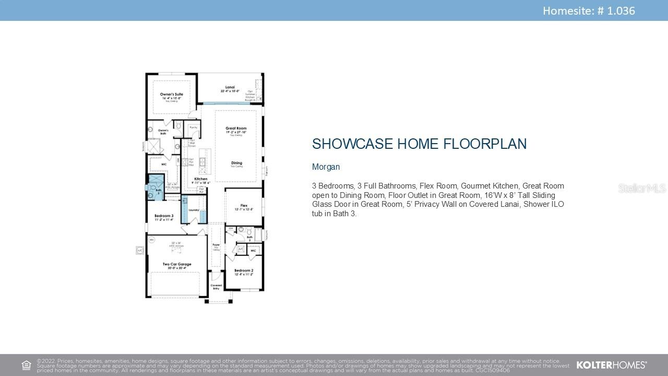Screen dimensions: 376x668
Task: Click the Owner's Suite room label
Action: (x=171, y=95)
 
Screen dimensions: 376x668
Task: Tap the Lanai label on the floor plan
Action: (x=230, y=87)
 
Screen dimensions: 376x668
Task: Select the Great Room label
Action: (x=236, y=128)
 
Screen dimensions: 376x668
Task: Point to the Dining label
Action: (x=236, y=163)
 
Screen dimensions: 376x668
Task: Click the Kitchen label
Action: (x=201, y=179)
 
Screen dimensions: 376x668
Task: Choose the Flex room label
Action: (x=244, y=205)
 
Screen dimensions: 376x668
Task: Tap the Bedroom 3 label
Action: (x=164, y=216)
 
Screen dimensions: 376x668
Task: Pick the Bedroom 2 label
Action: (x=244, y=271)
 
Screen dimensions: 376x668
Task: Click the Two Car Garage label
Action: (x=177, y=264)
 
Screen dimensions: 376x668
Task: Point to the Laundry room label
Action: (x=194, y=210)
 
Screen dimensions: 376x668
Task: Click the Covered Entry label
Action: (x=216, y=287)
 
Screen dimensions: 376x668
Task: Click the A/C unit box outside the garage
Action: (x=140, y=251)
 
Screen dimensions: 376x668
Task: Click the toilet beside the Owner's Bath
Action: (x=178, y=126)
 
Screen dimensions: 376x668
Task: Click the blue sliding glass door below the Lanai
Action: (x=225, y=103)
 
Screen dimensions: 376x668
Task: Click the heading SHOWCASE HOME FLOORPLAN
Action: (x=419, y=144)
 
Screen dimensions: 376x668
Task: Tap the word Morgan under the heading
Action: (x=326, y=167)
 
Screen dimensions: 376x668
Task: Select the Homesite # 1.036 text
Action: (x=589, y=10)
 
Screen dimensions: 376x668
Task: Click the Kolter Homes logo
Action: (x=611, y=365)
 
